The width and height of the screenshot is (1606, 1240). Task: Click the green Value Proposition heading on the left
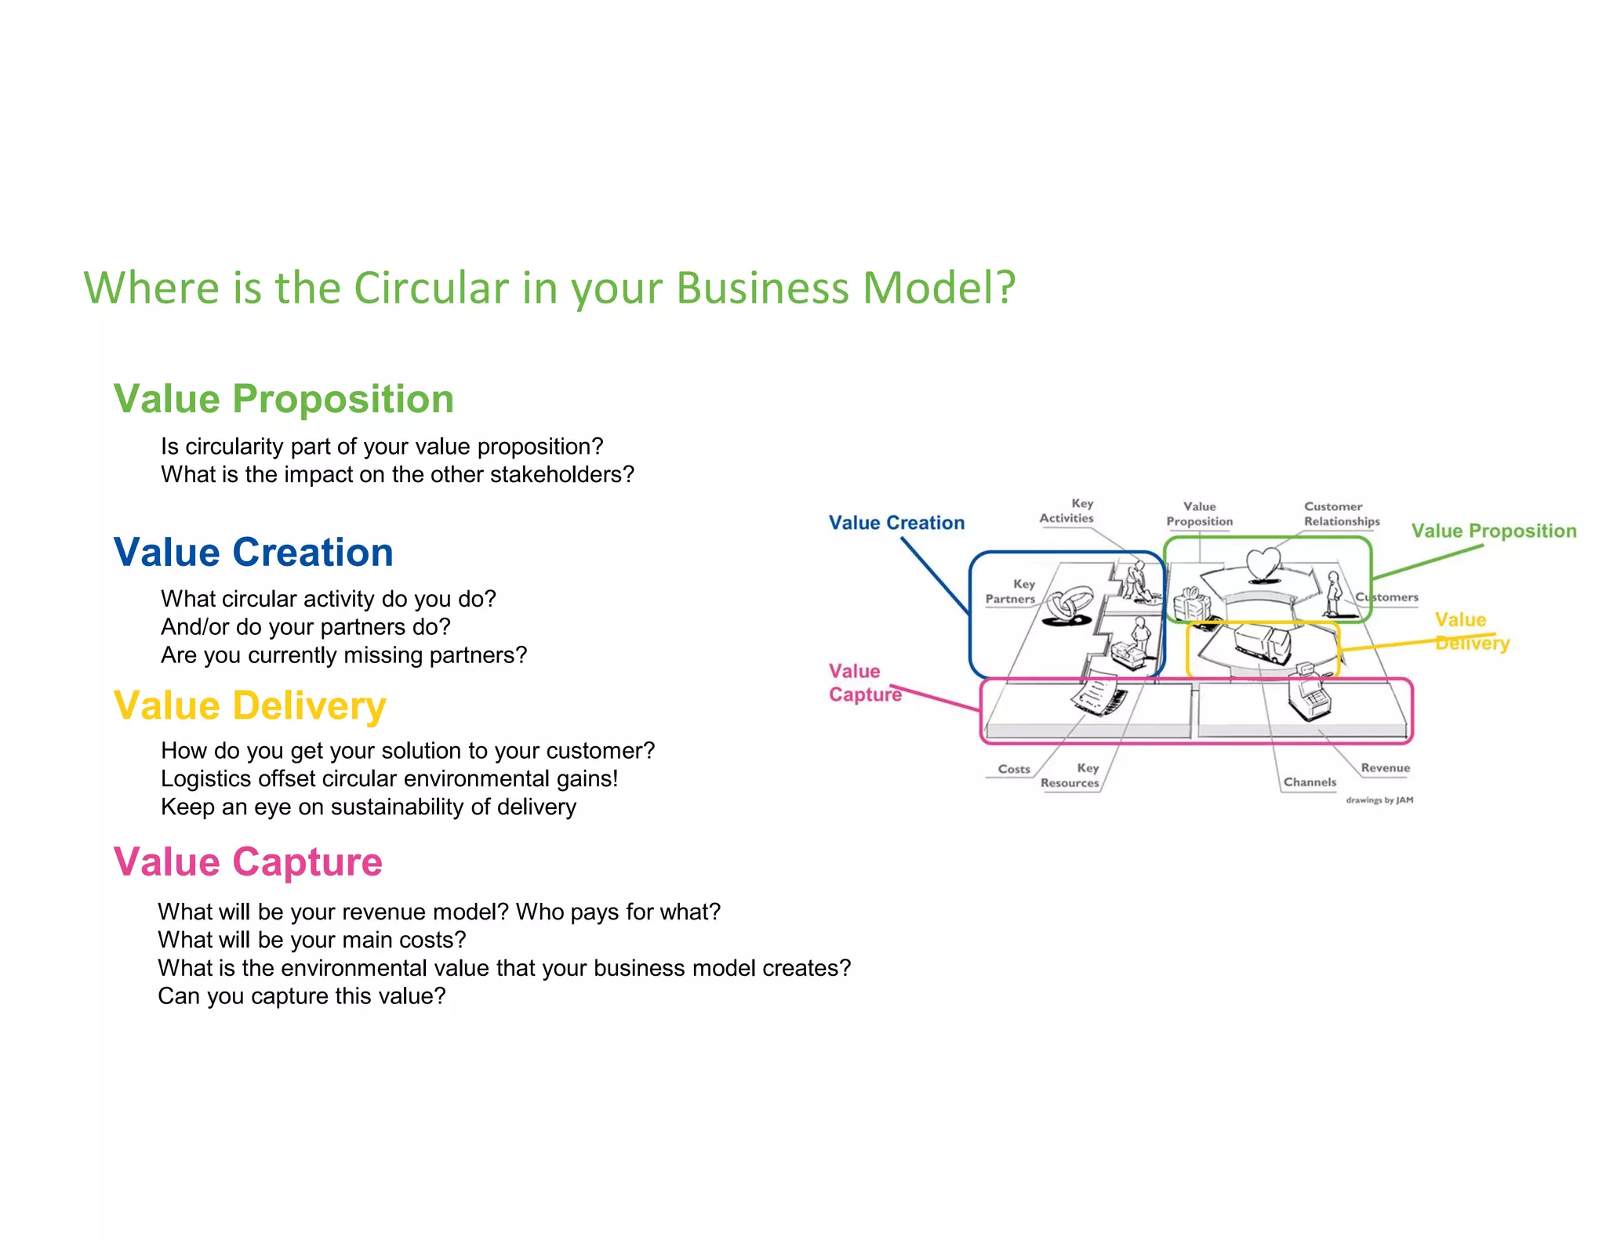pos(283,399)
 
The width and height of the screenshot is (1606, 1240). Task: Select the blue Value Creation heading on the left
pos(253,553)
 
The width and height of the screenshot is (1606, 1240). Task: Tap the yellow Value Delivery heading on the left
pos(249,705)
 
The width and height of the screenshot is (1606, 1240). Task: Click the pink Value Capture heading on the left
pos(248,862)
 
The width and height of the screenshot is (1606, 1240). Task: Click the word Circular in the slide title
pos(431,288)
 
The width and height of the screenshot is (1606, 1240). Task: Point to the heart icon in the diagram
pos(1263,563)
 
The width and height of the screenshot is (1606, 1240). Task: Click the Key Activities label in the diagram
pos(1067,511)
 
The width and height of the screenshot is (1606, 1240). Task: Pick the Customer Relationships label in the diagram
pos(1341,514)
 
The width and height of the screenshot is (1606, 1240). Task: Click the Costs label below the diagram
pos(1013,769)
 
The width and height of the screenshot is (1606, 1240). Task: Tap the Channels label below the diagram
pos(1309,782)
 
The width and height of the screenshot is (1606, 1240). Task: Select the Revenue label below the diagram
pos(1385,768)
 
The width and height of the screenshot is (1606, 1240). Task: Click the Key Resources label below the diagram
pos(1070,775)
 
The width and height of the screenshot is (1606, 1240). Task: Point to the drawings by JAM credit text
pos(1379,800)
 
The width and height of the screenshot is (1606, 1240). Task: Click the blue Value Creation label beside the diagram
pos(896,523)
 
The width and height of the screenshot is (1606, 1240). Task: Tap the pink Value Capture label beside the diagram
pos(864,683)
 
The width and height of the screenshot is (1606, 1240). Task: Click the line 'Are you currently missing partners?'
pos(343,655)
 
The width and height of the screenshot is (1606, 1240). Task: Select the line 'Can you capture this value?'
pos(301,996)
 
